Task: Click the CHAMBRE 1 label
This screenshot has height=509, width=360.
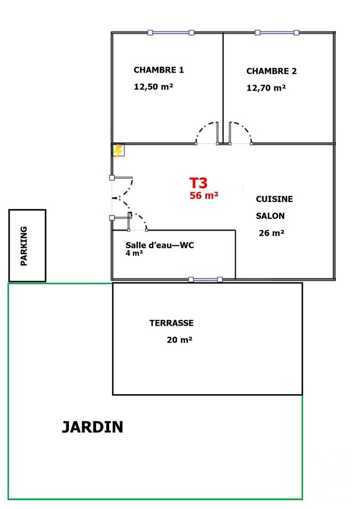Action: pyautogui.click(x=159, y=70)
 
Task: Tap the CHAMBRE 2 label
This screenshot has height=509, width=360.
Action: pyautogui.click(x=271, y=71)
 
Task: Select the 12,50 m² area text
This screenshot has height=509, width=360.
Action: pyautogui.click(x=153, y=87)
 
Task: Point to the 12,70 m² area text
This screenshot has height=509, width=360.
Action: pyautogui.click(x=266, y=88)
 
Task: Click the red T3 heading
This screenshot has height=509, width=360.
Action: pyautogui.click(x=199, y=183)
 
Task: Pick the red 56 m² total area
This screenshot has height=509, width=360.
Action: pyautogui.click(x=204, y=196)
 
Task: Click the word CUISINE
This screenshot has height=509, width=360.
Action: pyautogui.click(x=274, y=199)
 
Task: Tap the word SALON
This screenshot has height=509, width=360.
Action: pyautogui.click(x=270, y=216)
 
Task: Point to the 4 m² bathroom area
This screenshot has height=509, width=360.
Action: pyautogui.click(x=134, y=254)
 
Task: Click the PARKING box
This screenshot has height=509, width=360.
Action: pyautogui.click(x=26, y=245)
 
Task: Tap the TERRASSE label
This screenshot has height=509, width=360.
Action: pyautogui.click(x=172, y=323)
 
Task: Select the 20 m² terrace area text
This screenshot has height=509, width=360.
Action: pyautogui.click(x=179, y=340)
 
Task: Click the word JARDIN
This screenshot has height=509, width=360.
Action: pyautogui.click(x=92, y=427)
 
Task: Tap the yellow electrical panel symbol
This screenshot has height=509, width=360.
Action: pyautogui.click(x=118, y=151)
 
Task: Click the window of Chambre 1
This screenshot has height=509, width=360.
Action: pyautogui.click(x=170, y=33)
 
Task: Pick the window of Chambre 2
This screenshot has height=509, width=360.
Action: pyautogui.click(x=277, y=33)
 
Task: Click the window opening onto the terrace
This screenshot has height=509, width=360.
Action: pyautogui.click(x=205, y=279)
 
